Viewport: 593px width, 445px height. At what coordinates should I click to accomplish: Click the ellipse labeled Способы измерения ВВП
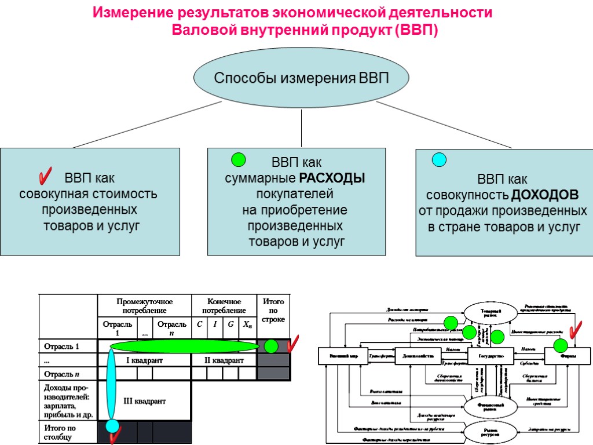[x=301, y=78]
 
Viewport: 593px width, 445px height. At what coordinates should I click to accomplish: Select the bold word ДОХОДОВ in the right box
[x=545, y=194]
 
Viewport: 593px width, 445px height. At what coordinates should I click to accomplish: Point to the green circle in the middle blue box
[x=238, y=160]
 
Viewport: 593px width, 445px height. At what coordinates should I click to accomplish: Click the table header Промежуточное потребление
[x=145, y=306]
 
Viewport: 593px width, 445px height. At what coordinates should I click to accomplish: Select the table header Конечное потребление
[x=224, y=306]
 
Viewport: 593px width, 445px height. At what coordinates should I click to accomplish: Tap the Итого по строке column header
[x=273, y=311]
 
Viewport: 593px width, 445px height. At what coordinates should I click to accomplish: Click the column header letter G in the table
[x=230, y=324]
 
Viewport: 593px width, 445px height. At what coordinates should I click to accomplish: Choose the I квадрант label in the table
[x=145, y=360]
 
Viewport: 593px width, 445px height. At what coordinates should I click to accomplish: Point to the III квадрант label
[x=145, y=401]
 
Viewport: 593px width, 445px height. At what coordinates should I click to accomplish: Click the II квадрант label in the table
[x=224, y=360]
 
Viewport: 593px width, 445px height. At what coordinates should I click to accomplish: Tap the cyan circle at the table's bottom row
[x=112, y=426]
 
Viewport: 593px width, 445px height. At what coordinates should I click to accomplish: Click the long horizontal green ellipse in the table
[x=184, y=346]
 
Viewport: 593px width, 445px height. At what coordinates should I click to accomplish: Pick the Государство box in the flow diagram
[x=490, y=355]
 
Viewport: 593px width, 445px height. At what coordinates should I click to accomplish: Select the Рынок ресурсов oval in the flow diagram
[x=490, y=431]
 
